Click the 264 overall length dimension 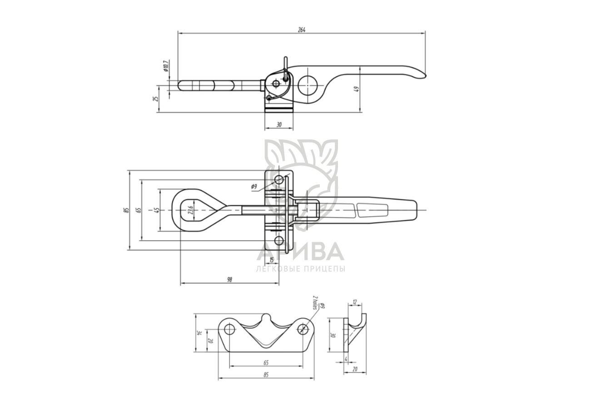[x=302, y=30]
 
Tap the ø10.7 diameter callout [x=165, y=66]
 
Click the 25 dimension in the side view [x=156, y=99]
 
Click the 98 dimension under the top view [x=229, y=280]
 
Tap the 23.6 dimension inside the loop [x=191, y=210]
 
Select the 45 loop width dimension [x=157, y=210]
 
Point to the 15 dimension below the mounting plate [x=272, y=260]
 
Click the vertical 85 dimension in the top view [x=127, y=210]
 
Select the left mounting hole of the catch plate [x=230, y=328]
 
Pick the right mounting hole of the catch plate [x=302, y=328]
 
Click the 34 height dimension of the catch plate [x=199, y=333]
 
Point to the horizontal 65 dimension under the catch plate [x=266, y=362]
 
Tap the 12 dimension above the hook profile [x=355, y=302]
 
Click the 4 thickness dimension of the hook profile [x=346, y=359]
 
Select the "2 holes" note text [x=314, y=302]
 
